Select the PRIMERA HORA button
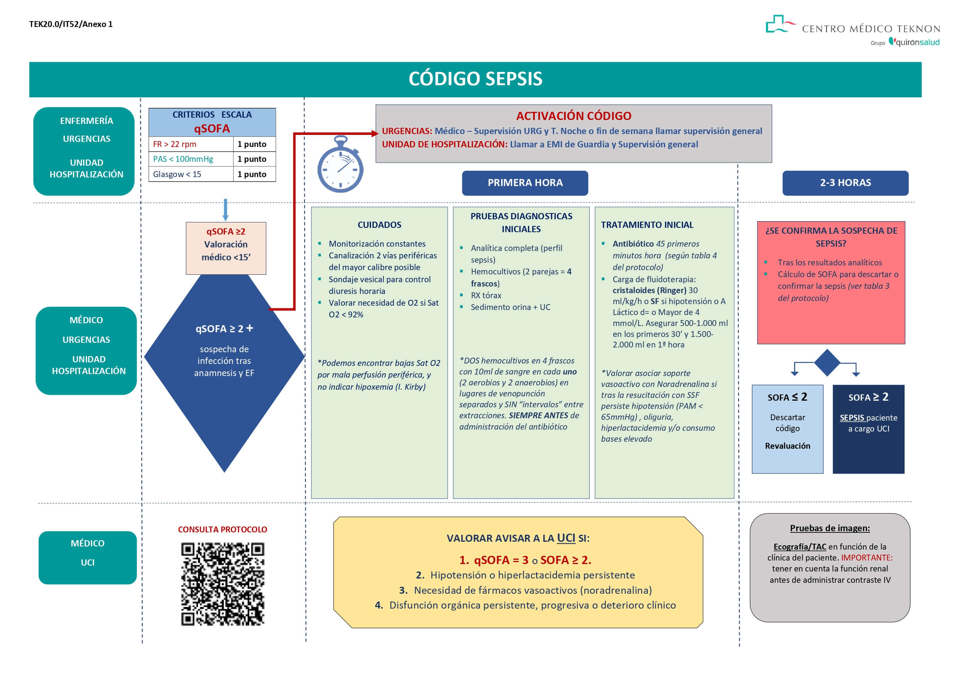pyautogui.click(x=525, y=183)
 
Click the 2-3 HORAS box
pyautogui.click(x=845, y=183)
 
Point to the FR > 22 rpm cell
pyautogui.click(x=190, y=144)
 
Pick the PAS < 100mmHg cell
pyautogui.click(x=190, y=159)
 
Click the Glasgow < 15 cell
pyautogui.click(x=190, y=174)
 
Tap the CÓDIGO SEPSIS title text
pyautogui.click(x=475, y=79)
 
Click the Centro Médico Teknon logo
pyautogui.click(x=853, y=30)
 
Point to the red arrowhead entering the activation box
pyautogui.click(x=374, y=133)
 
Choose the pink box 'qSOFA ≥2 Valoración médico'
pyautogui.click(x=226, y=248)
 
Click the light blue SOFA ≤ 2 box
pyautogui.click(x=787, y=429)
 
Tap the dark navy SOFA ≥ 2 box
pyautogui.click(x=868, y=429)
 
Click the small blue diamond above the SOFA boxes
pyautogui.click(x=827, y=362)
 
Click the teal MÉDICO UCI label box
pyautogui.click(x=87, y=557)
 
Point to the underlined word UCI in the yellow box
pyautogui.click(x=566, y=538)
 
